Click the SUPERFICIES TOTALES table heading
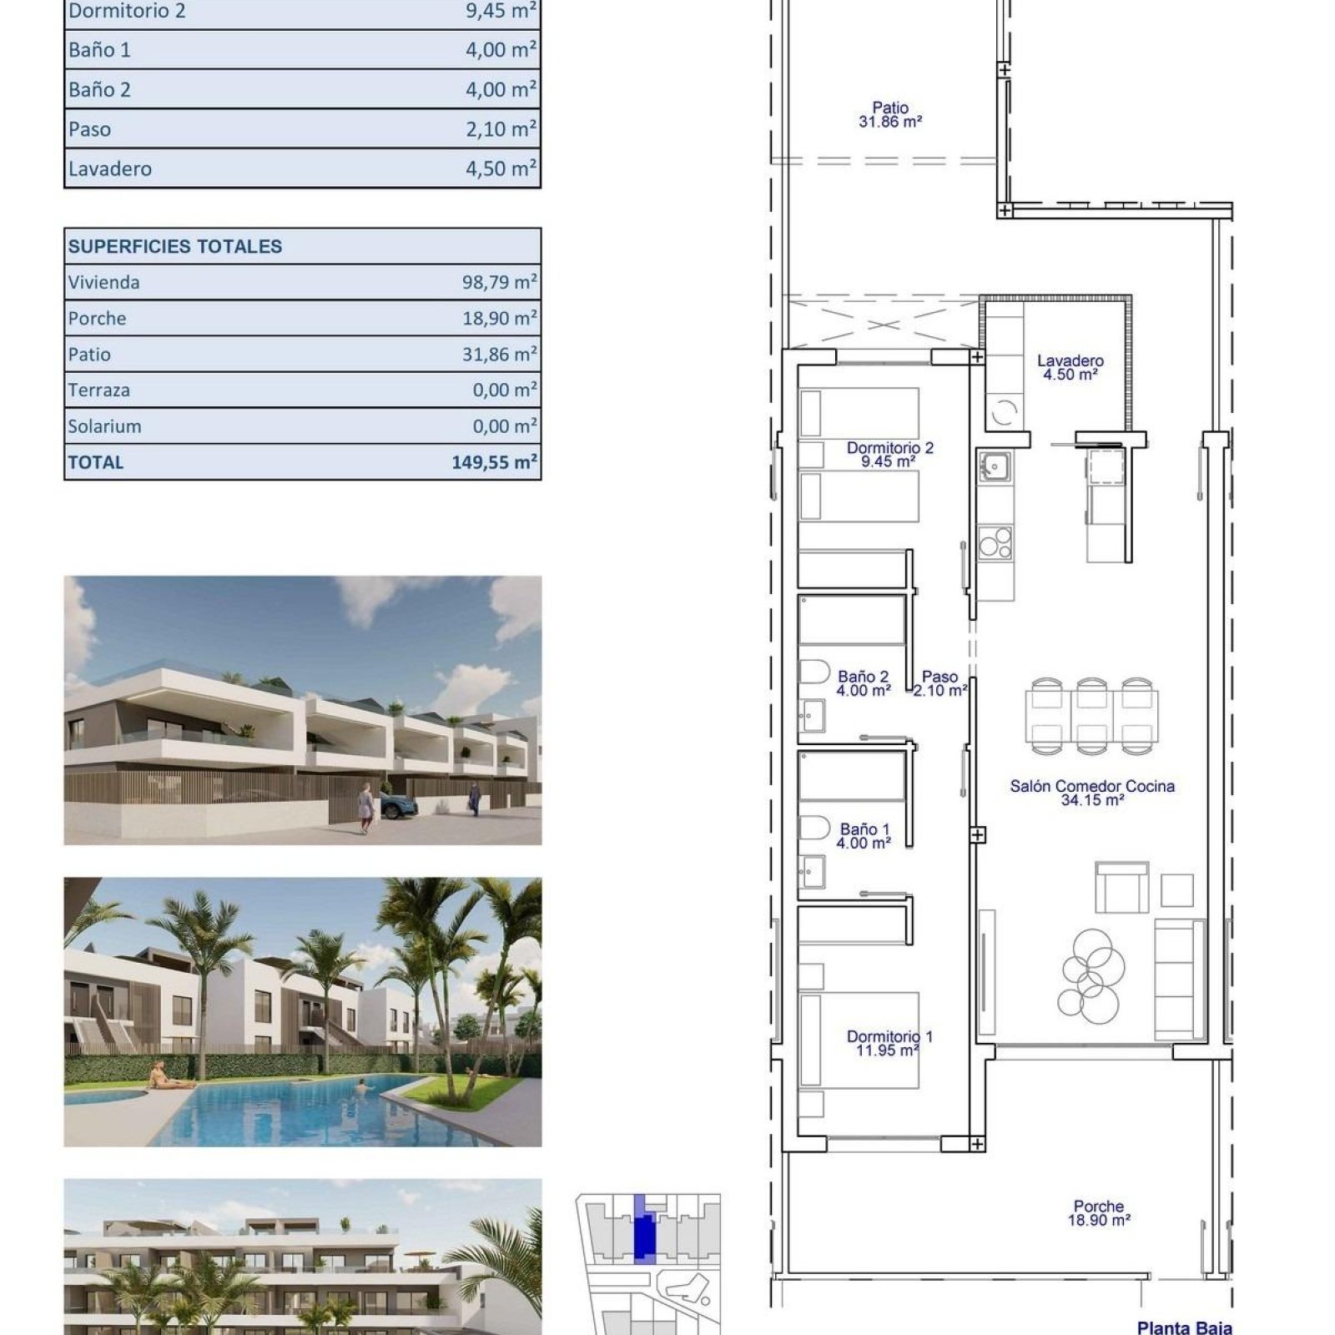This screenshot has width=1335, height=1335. (175, 246)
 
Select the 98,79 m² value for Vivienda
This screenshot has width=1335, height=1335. (500, 282)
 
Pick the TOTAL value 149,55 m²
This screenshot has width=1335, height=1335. (495, 461)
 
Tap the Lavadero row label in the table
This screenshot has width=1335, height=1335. (110, 169)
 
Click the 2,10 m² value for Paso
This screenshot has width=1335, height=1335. (501, 128)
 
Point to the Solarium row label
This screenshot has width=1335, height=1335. (104, 426)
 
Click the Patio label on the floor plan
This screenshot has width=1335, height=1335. (890, 114)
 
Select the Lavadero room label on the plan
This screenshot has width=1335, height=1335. (1071, 367)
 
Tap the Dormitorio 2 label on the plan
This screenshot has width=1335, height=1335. (890, 454)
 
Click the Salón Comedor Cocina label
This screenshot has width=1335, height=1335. (1092, 793)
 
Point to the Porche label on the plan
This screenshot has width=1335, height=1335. (1099, 1212)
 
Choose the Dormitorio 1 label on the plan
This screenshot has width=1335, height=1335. (889, 1043)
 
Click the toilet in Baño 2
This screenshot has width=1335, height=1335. (814, 672)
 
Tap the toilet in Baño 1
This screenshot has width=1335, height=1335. (814, 828)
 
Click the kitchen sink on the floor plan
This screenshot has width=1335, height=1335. (995, 466)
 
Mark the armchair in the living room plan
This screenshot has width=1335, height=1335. (1121, 888)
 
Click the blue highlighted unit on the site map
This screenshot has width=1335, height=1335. (642, 1230)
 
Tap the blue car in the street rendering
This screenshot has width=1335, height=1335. (399, 806)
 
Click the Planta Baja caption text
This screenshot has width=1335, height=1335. (1184, 1327)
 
